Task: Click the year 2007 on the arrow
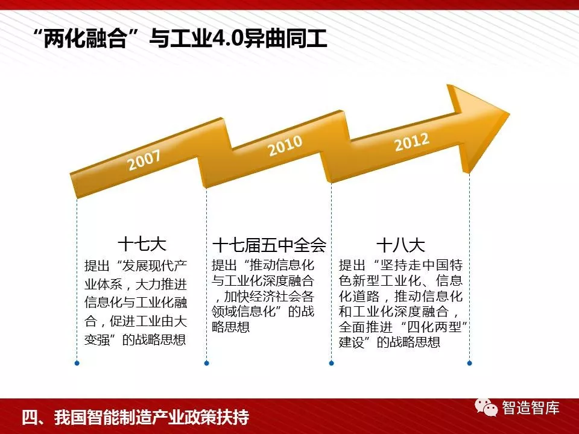tap(144, 160)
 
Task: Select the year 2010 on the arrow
tap(285, 145)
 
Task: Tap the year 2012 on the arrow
tap(412, 142)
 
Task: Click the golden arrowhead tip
tap(509, 115)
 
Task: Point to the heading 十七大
tap(142, 244)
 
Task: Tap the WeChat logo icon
tap(486, 407)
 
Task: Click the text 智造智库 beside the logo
tap(530, 408)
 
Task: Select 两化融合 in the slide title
tap(85, 39)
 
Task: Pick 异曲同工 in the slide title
tap(285, 39)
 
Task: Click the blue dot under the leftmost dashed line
tap(77, 363)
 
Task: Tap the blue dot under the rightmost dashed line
tap(469, 363)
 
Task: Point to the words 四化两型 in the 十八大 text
tap(434, 327)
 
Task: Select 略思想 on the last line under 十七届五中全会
tap(231, 327)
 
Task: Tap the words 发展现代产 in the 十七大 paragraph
tap(155, 266)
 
